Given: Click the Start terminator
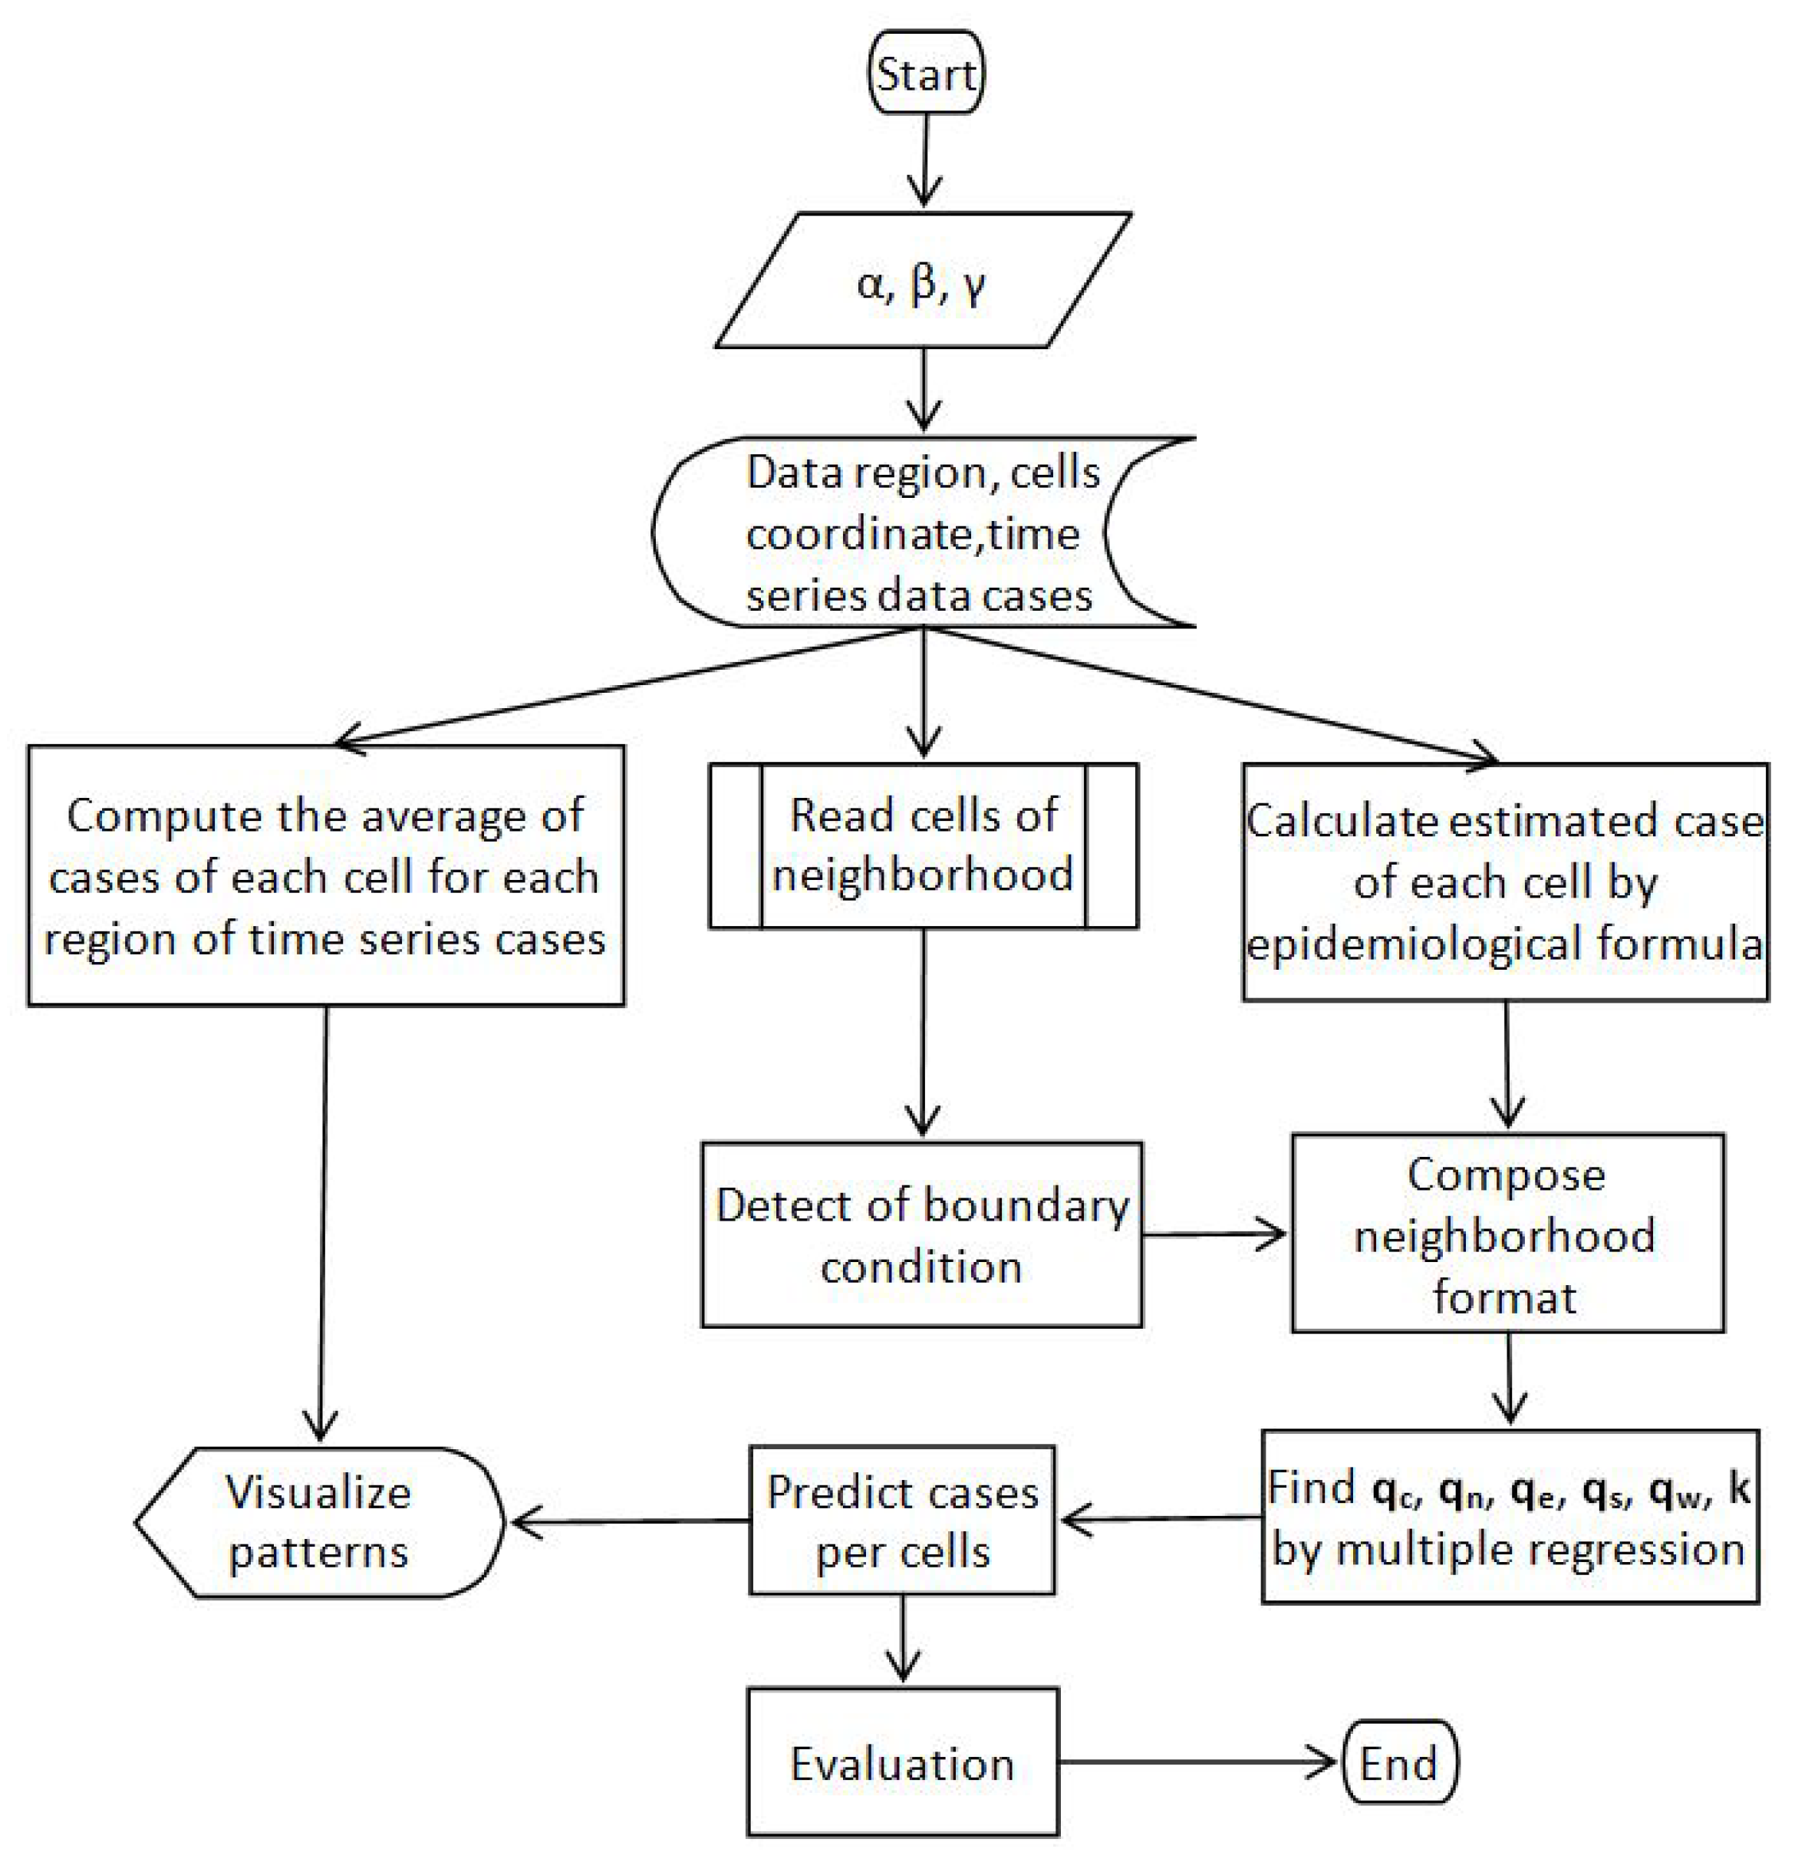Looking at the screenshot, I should point(925,73).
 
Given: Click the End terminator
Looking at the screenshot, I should point(1399,1763).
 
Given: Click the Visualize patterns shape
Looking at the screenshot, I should point(318,1522).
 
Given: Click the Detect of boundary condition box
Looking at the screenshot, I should point(920,1235).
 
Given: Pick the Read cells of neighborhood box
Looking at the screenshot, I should point(923,845).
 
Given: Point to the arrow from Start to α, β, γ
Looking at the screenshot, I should point(924,160).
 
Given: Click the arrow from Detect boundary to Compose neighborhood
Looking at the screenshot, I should point(1214,1235).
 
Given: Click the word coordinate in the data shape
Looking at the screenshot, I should point(859,535).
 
